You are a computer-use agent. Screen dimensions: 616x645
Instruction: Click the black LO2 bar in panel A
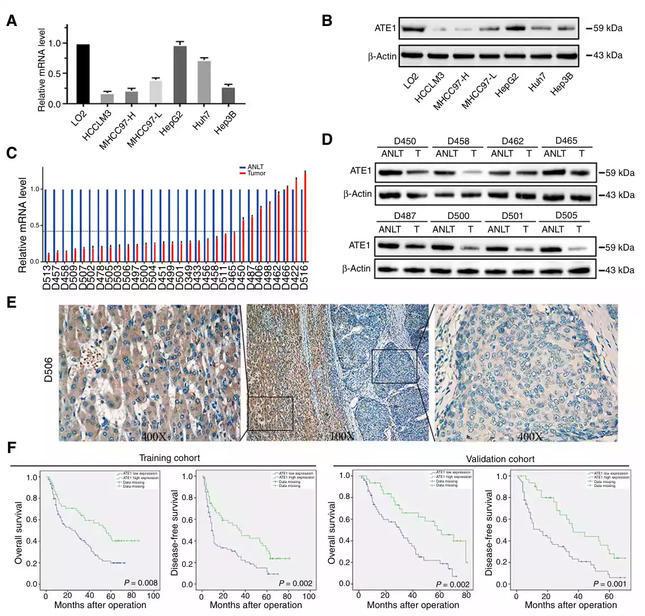tap(83, 74)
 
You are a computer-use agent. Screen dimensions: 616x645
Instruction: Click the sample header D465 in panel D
tap(566, 141)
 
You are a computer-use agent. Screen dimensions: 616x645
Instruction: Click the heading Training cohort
tap(170, 458)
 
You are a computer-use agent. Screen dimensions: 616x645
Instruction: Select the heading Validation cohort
tap(500, 459)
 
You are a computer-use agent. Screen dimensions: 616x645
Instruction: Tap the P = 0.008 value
tap(141, 583)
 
